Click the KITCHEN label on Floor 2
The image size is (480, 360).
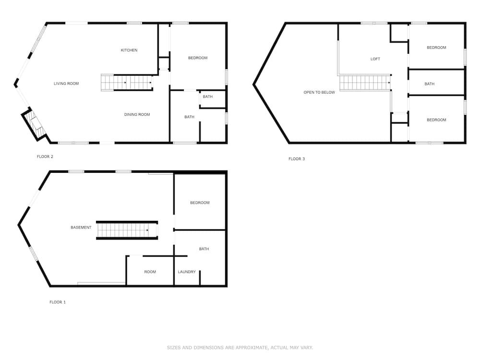pyautogui.click(x=129, y=50)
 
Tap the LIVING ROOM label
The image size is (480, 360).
pyautogui.click(x=66, y=84)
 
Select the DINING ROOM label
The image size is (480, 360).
pyautogui.click(x=137, y=115)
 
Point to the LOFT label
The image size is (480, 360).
pyautogui.click(x=375, y=59)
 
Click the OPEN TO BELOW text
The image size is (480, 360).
pyautogui.click(x=319, y=93)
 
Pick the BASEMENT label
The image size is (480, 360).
pyautogui.click(x=81, y=228)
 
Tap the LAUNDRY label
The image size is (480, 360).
pyautogui.click(x=187, y=272)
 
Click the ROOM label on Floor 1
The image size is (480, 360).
pyautogui.click(x=150, y=272)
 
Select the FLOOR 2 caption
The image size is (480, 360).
pyautogui.click(x=45, y=157)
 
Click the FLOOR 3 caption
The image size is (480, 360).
pyautogui.click(x=297, y=159)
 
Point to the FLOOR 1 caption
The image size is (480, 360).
pyautogui.click(x=58, y=302)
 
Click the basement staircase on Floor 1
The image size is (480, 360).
pyautogui.click(x=127, y=230)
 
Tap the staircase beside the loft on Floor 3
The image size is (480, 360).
pyautogui.click(x=365, y=83)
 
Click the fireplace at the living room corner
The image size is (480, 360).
pyautogui.click(x=34, y=124)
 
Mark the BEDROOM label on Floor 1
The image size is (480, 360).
pyautogui.click(x=200, y=203)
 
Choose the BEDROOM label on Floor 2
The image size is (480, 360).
pyautogui.click(x=198, y=58)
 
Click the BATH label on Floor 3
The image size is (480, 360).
pyautogui.click(x=429, y=84)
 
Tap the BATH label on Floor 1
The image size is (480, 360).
pyautogui.click(x=204, y=249)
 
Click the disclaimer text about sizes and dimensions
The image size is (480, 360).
pyautogui.click(x=240, y=348)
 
